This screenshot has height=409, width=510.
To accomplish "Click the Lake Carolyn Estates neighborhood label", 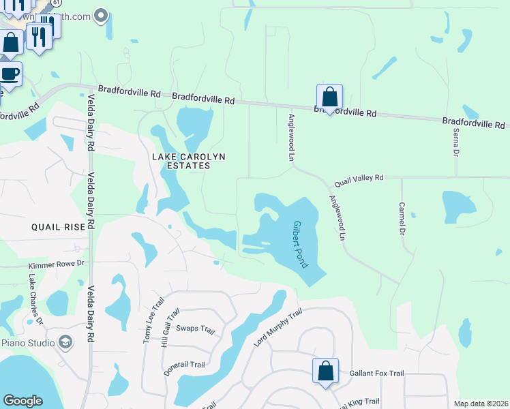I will [188, 161].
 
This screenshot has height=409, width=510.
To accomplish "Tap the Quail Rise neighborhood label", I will [57, 227].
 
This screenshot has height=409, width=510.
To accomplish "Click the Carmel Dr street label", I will [403, 217].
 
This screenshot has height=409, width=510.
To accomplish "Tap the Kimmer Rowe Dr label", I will [56, 263].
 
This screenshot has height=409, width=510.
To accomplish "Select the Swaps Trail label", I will [196, 329].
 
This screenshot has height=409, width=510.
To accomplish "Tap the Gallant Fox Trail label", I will [376, 374].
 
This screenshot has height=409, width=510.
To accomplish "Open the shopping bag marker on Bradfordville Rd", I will [329, 97].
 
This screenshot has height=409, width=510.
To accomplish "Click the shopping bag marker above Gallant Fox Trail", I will [325, 372].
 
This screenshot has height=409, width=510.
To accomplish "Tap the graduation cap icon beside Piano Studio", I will [65, 342].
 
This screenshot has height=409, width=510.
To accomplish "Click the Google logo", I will [22, 401].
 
